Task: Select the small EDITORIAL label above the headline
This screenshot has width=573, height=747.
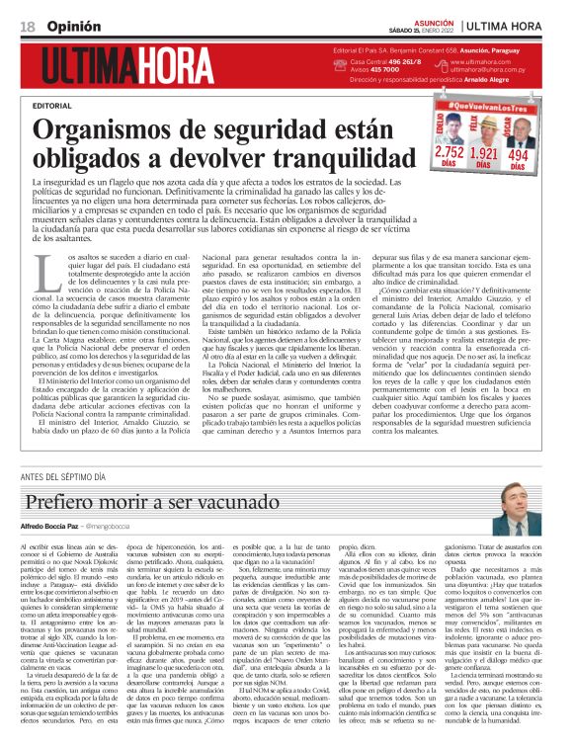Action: tap(51, 104)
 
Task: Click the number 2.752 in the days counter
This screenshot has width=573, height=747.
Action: tap(449, 153)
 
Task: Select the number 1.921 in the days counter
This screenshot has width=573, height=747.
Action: tap(483, 153)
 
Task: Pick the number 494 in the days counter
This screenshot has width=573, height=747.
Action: tap(518, 153)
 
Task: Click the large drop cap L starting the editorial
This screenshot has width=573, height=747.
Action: tap(41, 268)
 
